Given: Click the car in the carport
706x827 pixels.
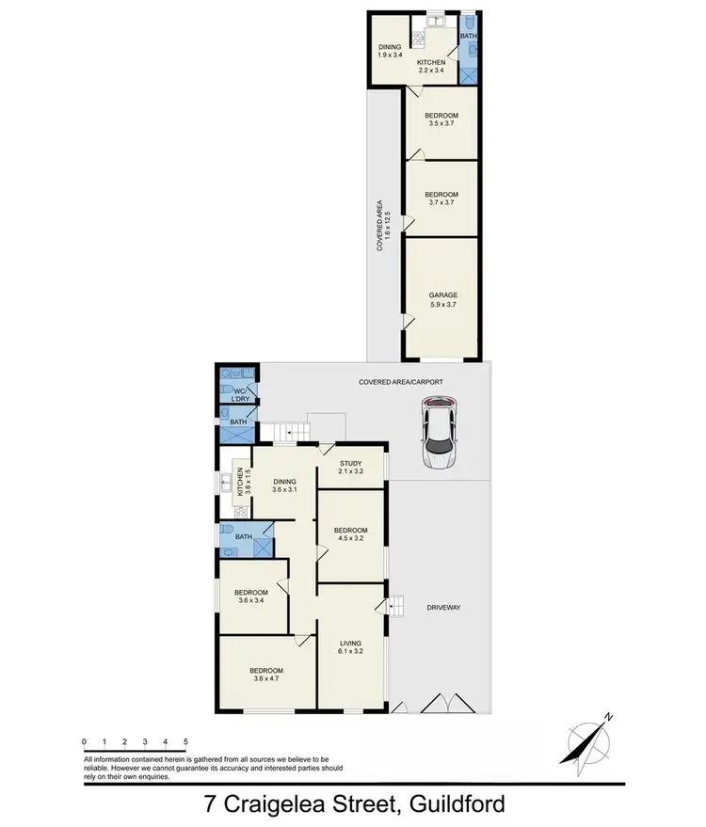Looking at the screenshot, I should tap(440, 434).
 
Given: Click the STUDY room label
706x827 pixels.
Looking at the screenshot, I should tap(351, 462).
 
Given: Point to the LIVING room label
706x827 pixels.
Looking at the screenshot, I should tap(351, 644).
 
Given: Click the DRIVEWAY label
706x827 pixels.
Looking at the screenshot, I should tap(442, 608).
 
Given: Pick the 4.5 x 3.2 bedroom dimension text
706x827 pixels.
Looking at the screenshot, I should tap(351, 540).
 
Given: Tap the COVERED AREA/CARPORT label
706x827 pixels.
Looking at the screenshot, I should tap(400, 382).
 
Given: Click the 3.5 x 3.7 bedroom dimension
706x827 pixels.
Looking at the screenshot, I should tap(441, 122).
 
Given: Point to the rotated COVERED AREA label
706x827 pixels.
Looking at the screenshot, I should tap(378, 226).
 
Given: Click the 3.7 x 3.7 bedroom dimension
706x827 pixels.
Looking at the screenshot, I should tap(441, 202).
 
